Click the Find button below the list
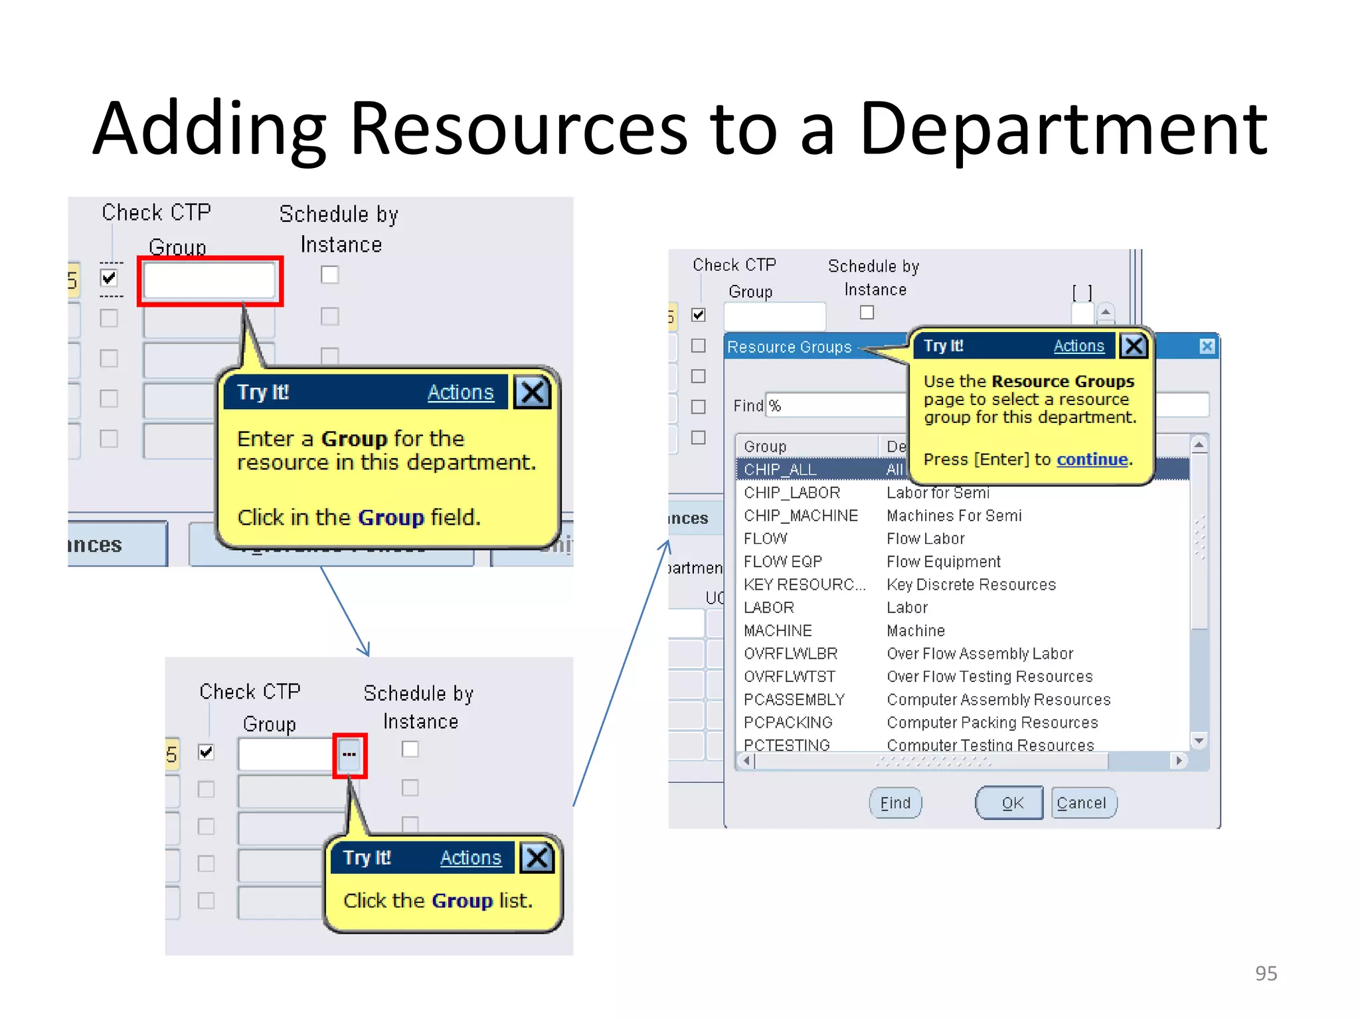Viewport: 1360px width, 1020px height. (x=895, y=803)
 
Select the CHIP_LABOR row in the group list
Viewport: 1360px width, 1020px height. (x=792, y=493)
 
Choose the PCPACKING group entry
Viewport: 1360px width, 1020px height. (x=788, y=722)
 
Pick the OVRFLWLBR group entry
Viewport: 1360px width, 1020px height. (x=790, y=653)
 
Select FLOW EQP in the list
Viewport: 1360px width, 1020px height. (x=782, y=562)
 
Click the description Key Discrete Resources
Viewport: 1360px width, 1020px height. (x=971, y=584)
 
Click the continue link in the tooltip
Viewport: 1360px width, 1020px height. (x=1092, y=460)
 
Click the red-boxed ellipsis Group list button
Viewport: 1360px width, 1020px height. (x=349, y=754)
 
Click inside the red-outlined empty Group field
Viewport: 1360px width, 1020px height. (x=209, y=280)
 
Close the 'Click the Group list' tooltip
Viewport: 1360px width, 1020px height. (x=537, y=858)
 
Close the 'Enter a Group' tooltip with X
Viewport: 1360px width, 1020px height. (x=533, y=392)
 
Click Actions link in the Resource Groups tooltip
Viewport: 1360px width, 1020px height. (x=1078, y=346)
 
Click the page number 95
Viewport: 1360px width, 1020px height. (x=1266, y=973)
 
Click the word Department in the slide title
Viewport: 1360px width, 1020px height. (x=1062, y=129)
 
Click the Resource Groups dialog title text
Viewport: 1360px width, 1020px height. (x=789, y=347)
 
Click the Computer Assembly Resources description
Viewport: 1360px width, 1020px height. (x=998, y=699)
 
